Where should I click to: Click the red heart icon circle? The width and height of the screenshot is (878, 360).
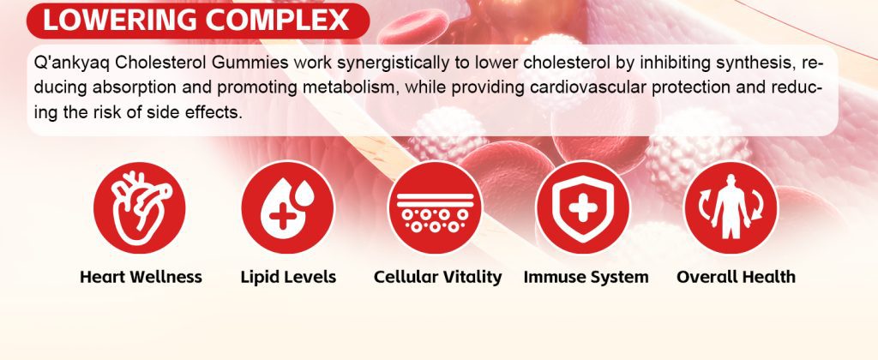139,207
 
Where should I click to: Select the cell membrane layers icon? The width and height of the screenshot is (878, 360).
435,207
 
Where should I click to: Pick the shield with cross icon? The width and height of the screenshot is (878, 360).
583,207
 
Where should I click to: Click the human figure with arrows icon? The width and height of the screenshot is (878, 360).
731,207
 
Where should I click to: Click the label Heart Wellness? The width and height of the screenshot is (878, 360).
141,277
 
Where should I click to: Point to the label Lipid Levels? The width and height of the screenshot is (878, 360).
288,277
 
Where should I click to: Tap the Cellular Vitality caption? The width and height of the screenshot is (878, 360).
438,277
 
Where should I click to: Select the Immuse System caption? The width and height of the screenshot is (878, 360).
586,277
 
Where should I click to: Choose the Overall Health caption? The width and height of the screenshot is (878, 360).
736,277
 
